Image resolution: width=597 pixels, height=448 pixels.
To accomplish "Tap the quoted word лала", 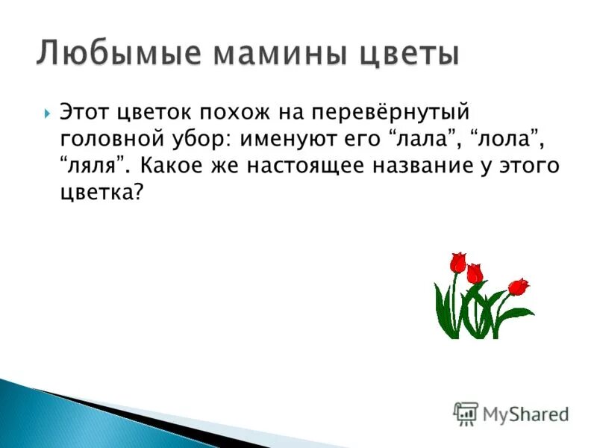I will [x=411, y=139].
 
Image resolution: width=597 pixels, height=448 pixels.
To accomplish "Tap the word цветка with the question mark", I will [x=101, y=191].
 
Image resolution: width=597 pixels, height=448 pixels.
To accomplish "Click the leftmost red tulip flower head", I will [x=457, y=262].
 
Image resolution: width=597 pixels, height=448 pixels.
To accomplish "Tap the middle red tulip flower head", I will [x=475, y=273].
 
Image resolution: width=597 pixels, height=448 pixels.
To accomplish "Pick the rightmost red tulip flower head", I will [x=518, y=286].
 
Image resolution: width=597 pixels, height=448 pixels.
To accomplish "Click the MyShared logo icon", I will [x=466, y=413].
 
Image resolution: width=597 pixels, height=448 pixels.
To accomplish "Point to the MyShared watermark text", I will [x=525, y=414].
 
